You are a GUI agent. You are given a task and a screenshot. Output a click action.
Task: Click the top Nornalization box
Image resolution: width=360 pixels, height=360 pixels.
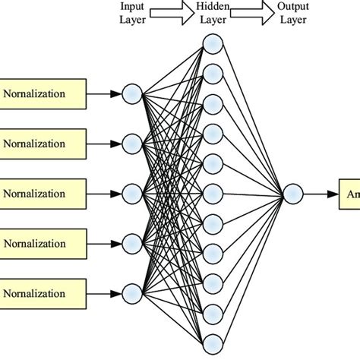tap(44, 94)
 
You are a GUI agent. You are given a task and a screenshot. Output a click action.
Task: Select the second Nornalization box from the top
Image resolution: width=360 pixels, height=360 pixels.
tap(44, 143)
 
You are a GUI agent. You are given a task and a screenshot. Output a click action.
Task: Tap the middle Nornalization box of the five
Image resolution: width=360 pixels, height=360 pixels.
tap(44, 191)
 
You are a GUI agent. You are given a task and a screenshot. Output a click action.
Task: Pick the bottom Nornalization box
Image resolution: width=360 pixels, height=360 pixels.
tap(44, 292)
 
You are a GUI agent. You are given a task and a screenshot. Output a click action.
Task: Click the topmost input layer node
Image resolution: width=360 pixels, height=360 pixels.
tap(132, 94)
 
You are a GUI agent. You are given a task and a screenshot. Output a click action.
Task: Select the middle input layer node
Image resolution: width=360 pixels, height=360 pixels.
tap(132, 192)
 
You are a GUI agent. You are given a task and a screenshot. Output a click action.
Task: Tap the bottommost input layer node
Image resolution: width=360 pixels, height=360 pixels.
tap(132, 292)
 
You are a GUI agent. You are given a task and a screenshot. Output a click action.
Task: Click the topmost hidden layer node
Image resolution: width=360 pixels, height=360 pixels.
tap(213, 44)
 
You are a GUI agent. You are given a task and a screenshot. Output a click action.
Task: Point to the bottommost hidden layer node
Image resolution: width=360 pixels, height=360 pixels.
tap(213, 340)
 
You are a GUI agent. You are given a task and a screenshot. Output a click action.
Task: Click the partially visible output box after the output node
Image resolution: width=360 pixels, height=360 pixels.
tap(350, 195)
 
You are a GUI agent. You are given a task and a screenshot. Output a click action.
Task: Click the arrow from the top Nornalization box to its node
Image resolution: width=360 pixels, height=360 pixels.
tap(105, 94)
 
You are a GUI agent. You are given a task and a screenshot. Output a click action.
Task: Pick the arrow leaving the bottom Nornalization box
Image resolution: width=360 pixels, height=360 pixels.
tap(105, 292)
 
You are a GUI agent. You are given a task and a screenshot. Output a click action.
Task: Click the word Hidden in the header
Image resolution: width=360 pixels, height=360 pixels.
tap(213, 7)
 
